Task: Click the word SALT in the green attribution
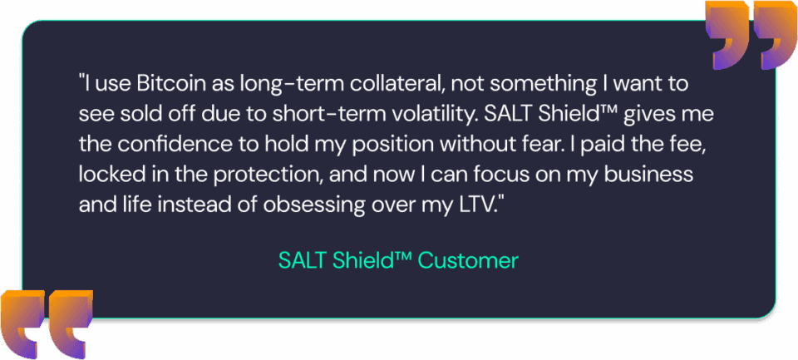click(303, 261)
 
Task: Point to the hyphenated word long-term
click(282, 84)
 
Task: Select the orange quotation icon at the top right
click(751, 35)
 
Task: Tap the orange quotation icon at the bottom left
click(46, 324)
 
